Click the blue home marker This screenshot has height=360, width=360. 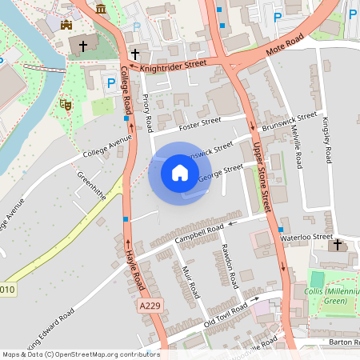(x=179, y=173)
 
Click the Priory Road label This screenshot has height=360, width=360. (x=147, y=114)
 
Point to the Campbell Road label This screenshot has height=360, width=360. (x=199, y=233)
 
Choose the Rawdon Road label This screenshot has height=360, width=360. (x=229, y=266)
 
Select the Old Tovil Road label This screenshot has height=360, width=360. (x=228, y=314)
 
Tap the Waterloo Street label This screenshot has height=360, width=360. (x=310, y=238)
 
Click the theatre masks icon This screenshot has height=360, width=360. (x=66, y=104)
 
